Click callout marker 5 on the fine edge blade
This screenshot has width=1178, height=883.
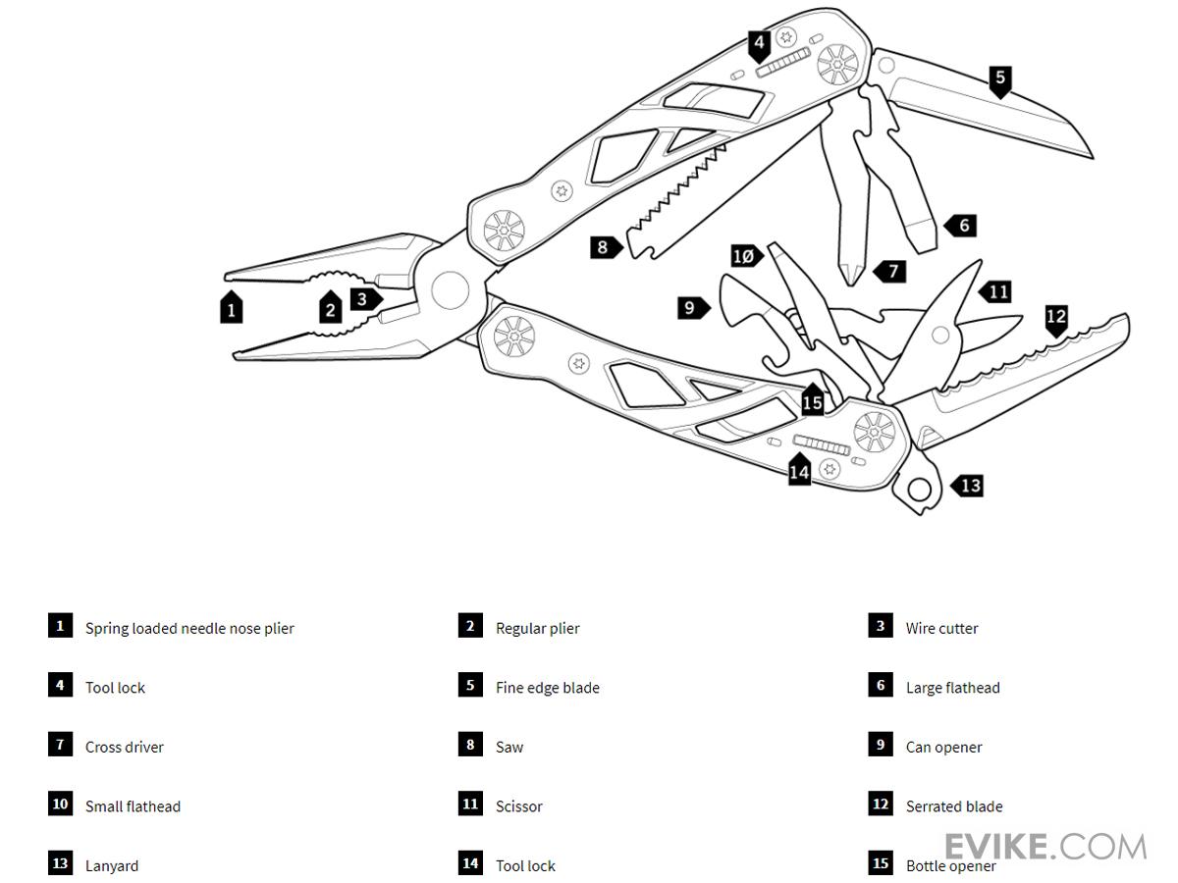click(x=999, y=78)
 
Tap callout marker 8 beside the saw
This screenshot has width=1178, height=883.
click(x=605, y=247)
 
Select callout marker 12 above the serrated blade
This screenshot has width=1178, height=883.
click(x=1055, y=318)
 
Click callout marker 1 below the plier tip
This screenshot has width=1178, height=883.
click(x=231, y=309)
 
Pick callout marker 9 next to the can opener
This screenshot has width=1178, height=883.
click(x=691, y=308)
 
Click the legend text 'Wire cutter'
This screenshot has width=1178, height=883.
click(x=941, y=629)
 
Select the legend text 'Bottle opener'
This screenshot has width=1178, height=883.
click(x=950, y=866)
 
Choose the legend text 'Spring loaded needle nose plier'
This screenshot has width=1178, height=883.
click(x=189, y=629)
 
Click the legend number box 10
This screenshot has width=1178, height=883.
click(x=60, y=805)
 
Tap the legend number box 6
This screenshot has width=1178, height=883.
click(x=881, y=686)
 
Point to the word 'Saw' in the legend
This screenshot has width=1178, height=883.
click(x=509, y=748)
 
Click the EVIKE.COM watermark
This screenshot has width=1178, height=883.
click(x=1044, y=847)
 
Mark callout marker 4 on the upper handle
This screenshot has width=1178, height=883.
click(x=759, y=44)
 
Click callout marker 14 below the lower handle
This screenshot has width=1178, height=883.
click(x=800, y=471)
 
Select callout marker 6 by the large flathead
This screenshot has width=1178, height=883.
click(x=962, y=226)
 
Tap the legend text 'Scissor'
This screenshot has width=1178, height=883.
click(x=518, y=806)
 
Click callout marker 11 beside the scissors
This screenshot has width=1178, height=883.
click(x=996, y=291)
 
